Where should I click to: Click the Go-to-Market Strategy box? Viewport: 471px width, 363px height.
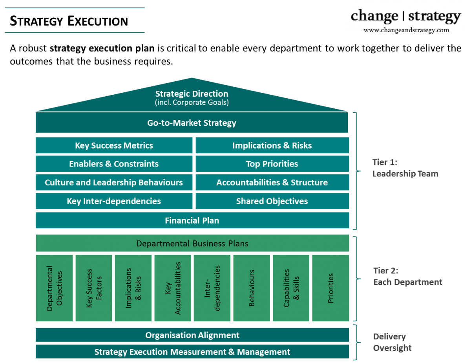(x=192, y=123)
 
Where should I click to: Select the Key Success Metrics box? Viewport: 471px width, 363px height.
(x=114, y=146)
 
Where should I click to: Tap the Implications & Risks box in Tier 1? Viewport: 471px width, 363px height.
(x=272, y=146)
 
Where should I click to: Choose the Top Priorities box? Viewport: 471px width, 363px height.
(x=272, y=164)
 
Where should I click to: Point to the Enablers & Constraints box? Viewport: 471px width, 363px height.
(x=114, y=164)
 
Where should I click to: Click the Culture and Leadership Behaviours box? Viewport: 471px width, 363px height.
(x=114, y=183)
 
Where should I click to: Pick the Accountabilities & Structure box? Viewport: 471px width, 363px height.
(x=272, y=183)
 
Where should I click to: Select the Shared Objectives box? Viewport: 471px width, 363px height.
(x=272, y=202)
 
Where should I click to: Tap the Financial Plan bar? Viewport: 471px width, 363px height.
(x=192, y=220)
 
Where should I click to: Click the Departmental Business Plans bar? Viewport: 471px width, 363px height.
(x=192, y=244)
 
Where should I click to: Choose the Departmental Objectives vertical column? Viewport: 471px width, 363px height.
(x=55, y=288)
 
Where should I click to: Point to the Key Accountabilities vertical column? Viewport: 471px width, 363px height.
(x=173, y=288)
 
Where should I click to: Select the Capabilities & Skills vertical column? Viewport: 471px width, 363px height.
(x=291, y=288)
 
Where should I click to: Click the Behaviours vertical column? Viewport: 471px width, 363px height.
(x=252, y=288)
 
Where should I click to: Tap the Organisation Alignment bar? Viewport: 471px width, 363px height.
(x=192, y=335)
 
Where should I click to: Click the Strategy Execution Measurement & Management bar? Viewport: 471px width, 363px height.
(x=192, y=352)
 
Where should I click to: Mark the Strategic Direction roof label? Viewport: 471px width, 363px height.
(x=192, y=97)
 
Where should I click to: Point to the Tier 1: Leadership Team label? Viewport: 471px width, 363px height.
(x=405, y=168)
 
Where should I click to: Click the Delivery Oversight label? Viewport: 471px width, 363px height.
(x=392, y=342)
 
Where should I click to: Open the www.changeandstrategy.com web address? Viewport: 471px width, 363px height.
(x=406, y=30)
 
